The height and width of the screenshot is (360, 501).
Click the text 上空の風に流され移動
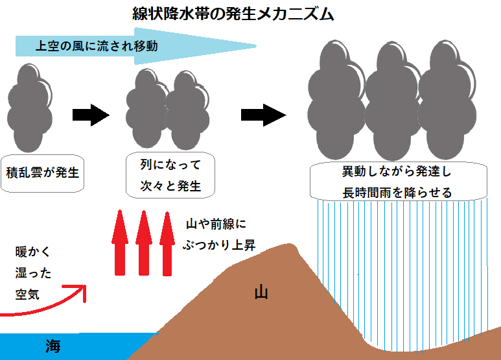(97, 46)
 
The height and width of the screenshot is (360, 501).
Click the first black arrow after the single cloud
(91, 115)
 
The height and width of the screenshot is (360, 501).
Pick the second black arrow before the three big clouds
(262, 115)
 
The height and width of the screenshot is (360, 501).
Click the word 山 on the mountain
(261, 293)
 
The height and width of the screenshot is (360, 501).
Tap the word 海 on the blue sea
(52, 346)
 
